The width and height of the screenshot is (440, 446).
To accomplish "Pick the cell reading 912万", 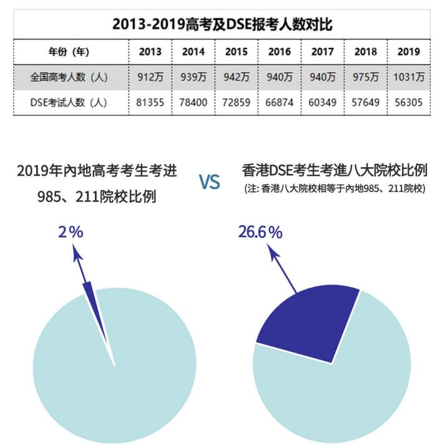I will click(150, 78).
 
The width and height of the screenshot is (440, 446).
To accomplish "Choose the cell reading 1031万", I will click(409, 78).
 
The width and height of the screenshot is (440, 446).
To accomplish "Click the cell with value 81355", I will click(150, 103).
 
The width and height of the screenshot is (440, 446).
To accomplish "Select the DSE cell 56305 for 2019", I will click(409, 103).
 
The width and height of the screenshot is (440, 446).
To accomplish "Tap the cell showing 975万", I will click(366, 78).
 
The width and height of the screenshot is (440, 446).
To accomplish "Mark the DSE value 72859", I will click(237, 103).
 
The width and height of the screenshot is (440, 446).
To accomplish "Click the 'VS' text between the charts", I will click(210, 182).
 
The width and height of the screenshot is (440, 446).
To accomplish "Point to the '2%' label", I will click(71, 232).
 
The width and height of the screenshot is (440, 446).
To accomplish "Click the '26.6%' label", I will click(260, 232).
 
